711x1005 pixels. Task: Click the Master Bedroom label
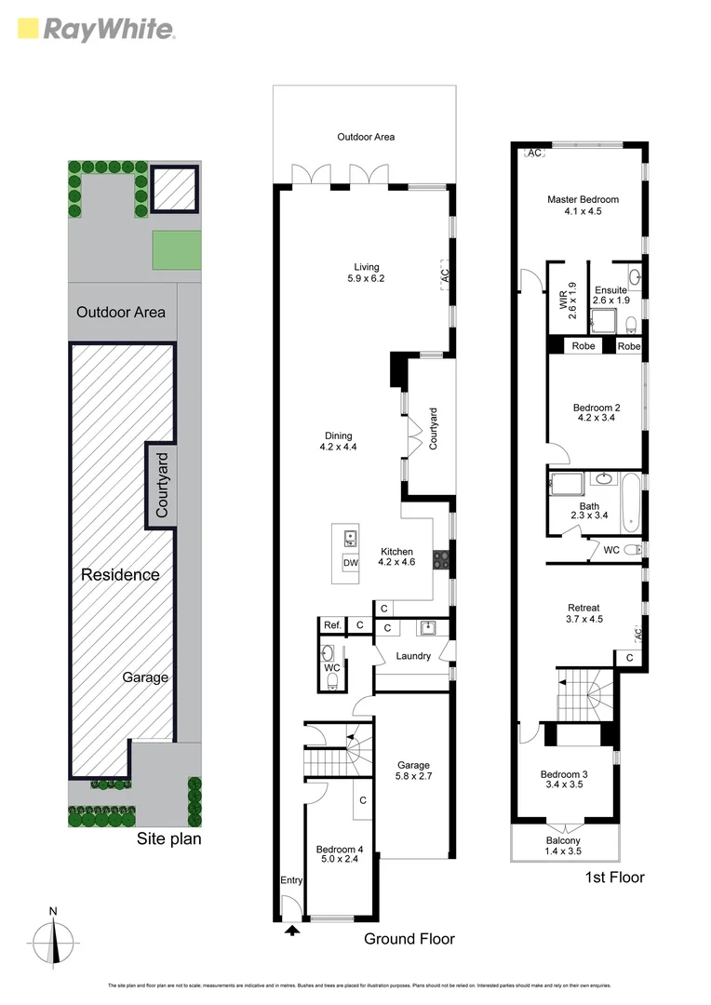pyautogui.click(x=583, y=205)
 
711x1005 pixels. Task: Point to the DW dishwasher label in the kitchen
pyautogui.click(x=351, y=563)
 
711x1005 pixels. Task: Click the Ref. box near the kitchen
pyautogui.click(x=331, y=625)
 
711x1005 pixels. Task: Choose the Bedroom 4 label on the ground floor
pyautogui.click(x=340, y=854)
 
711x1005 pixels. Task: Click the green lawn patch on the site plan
pyautogui.click(x=177, y=250)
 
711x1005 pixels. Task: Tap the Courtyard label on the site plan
pyautogui.click(x=162, y=484)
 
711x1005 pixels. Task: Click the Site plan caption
pyautogui.click(x=168, y=838)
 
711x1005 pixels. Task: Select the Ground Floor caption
pyautogui.click(x=409, y=939)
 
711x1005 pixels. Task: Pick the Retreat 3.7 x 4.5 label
pyautogui.click(x=583, y=613)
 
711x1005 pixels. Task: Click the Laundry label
pyautogui.click(x=413, y=656)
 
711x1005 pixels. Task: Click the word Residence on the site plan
pyautogui.click(x=119, y=574)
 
